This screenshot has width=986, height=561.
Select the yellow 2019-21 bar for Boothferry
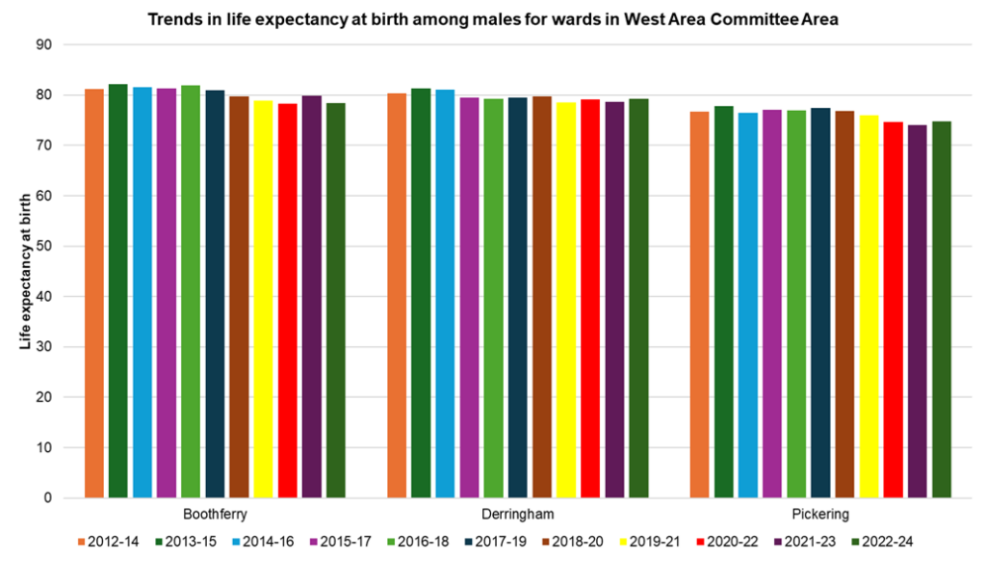coord(263,299)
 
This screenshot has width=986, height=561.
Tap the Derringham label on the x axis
coord(518,515)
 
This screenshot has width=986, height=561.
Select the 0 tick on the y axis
coord(47,498)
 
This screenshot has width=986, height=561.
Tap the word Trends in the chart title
coord(170,19)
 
